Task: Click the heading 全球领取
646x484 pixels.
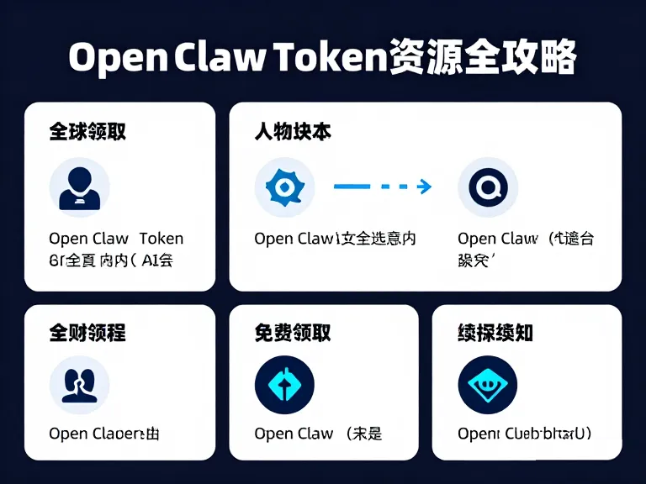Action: (x=87, y=132)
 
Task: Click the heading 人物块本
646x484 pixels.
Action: (x=292, y=132)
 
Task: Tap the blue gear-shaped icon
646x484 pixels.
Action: (x=284, y=187)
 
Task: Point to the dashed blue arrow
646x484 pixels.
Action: (x=383, y=187)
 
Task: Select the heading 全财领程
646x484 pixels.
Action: (x=87, y=333)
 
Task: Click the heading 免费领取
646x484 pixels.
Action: (x=292, y=333)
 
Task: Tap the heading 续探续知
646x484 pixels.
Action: (x=495, y=333)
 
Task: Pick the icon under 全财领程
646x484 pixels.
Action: (x=79, y=386)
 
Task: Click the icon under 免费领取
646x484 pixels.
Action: (x=284, y=386)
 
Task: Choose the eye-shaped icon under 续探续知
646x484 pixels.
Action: (x=488, y=386)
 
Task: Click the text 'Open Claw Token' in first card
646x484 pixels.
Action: (x=116, y=239)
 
